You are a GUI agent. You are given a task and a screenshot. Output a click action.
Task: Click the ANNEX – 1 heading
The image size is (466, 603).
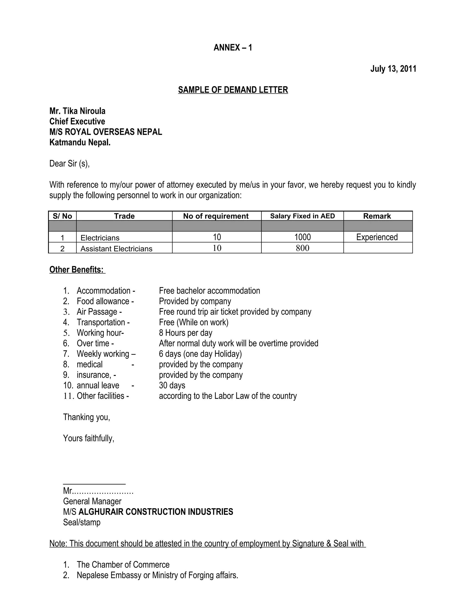coord(233,48)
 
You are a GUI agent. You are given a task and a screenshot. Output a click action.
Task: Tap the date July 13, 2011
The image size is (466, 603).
coord(393,69)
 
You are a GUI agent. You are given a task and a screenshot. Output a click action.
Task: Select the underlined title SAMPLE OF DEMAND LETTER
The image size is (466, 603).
coord(233,90)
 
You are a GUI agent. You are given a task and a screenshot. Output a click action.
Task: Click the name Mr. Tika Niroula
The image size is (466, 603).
coord(77,111)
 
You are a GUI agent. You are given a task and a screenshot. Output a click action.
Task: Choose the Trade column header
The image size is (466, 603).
coord(124,216)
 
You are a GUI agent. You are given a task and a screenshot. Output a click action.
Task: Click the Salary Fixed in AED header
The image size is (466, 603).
coord(302,216)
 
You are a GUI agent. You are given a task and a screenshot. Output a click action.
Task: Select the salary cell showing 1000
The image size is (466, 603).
coord(302,237)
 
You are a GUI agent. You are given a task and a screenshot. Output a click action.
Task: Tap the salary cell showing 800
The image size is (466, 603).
coord(302,248)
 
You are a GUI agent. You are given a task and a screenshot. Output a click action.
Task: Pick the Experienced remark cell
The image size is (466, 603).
coord(377,237)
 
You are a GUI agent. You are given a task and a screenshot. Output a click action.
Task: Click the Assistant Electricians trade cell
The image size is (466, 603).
coord(116,249)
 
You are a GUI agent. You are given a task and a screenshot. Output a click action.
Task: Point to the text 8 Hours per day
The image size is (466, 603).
coord(185,333)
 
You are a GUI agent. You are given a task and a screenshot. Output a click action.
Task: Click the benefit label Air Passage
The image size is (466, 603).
coord(97,312)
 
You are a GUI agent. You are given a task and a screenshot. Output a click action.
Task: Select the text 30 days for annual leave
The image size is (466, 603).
coord(172,385)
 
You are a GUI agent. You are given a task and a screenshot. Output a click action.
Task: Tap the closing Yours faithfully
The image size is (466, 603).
coord(89,438)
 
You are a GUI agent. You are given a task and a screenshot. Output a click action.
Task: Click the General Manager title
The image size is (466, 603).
coord(92,501)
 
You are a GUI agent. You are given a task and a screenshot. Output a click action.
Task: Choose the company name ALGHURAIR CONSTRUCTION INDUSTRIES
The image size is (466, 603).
coord(156,512)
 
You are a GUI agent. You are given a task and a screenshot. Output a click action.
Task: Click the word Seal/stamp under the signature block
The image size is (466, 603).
coord(82,522)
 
